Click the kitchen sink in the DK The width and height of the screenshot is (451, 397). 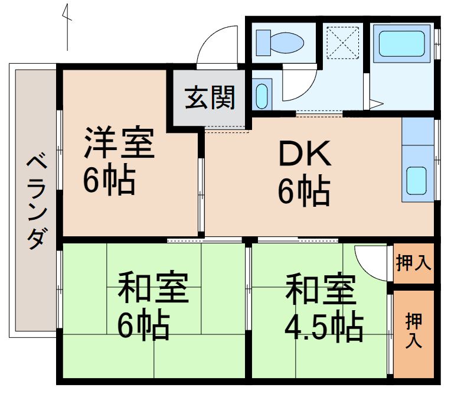tap(417, 180)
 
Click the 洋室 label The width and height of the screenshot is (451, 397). tap(119, 145)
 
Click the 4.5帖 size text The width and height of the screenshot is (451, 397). tap(323, 326)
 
